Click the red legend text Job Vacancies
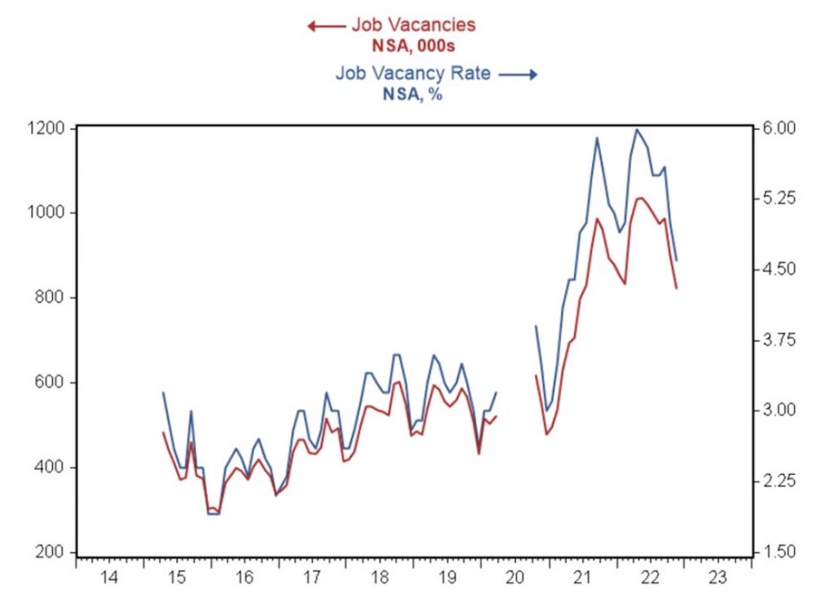(413, 24)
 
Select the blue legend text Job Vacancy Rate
(413, 73)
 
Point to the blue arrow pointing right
(519, 75)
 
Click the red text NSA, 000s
(413, 46)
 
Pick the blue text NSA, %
(413, 94)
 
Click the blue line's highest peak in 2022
(637, 129)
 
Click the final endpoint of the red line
(677, 288)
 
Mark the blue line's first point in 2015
(164, 392)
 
